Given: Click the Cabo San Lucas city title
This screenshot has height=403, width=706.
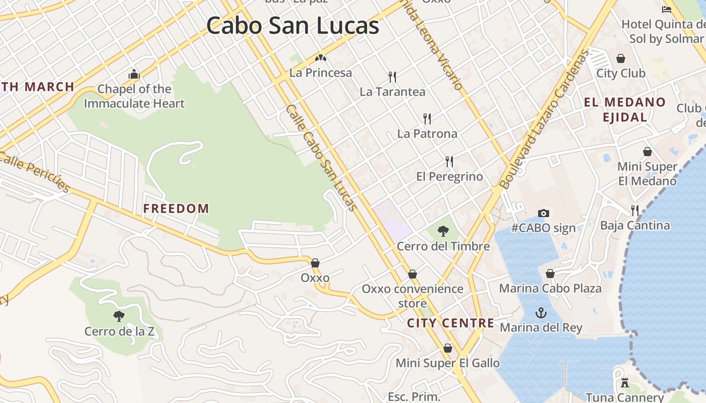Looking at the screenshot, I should tap(292, 26).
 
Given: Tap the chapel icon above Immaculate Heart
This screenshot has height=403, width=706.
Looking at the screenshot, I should tap(134, 75).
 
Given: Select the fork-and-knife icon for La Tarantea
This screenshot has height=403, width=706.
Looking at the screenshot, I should tap(392, 77).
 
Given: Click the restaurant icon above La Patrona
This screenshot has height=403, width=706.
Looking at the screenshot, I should tap(427, 119).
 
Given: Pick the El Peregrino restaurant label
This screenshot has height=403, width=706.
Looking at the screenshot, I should tap(449, 176).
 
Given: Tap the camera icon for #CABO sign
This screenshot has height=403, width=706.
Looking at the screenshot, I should tap(543, 213).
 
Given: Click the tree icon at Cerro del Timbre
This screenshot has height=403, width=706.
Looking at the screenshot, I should tap(443, 231).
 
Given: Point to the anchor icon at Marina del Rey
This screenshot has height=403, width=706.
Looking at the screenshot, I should tap(541, 313).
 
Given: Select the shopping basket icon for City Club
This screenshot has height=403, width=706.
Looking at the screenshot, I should tap(621, 58).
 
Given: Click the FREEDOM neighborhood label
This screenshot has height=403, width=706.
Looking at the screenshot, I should tap(176, 209).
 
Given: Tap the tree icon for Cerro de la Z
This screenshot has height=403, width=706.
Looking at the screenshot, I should tap(119, 316).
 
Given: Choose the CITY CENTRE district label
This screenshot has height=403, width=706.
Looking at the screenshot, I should tap(450, 323).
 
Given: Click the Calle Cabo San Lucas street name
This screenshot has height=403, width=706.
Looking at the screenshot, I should tap(321, 157).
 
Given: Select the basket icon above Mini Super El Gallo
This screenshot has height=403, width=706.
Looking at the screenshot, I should tap(447, 348).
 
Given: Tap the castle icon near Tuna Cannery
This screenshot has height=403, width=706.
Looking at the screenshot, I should tap(625, 383).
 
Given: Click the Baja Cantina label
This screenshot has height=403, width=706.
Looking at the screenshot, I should tap(634, 225).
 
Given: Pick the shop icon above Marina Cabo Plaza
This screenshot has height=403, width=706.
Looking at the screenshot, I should tap(550, 274).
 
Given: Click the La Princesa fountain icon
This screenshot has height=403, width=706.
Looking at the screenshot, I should tap(320, 58).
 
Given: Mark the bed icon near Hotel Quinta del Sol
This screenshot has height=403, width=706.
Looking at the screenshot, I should tap(666, 9).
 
